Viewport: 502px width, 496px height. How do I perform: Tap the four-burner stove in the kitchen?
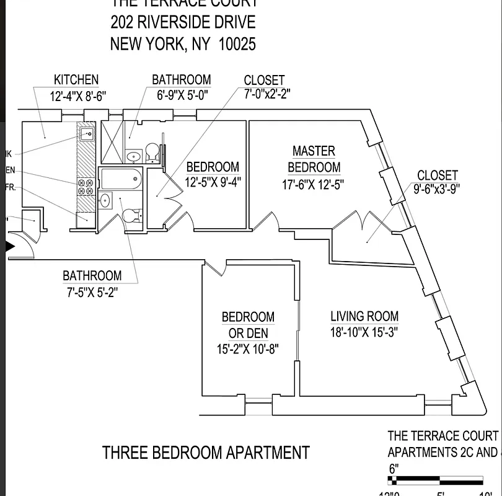tap(85, 187)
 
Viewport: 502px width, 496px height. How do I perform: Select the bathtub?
tap(121, 179)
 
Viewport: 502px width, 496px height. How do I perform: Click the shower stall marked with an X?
tap(112, 142)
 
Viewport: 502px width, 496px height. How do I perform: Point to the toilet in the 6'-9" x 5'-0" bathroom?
tap(152, 151)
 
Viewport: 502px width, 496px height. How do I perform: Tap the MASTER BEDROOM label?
tap(314, 159)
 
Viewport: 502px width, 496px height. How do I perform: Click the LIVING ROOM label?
tap(364, 316)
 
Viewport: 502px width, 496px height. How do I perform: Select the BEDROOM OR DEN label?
tap(248, 325)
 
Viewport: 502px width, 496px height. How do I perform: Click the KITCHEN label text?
tap(76, 80)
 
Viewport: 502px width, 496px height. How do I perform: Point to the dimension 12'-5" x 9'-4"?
tap(213, 182)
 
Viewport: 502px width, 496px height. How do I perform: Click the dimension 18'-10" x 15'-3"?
tap(364, 332)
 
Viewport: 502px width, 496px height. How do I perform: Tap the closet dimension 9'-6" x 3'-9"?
tap(437, 190)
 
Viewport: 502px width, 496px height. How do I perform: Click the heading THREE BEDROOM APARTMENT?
tap(205, 453)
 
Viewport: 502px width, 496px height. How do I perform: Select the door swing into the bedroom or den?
tap(214, 268)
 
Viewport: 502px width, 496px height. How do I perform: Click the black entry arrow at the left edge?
tap(10, 246)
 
